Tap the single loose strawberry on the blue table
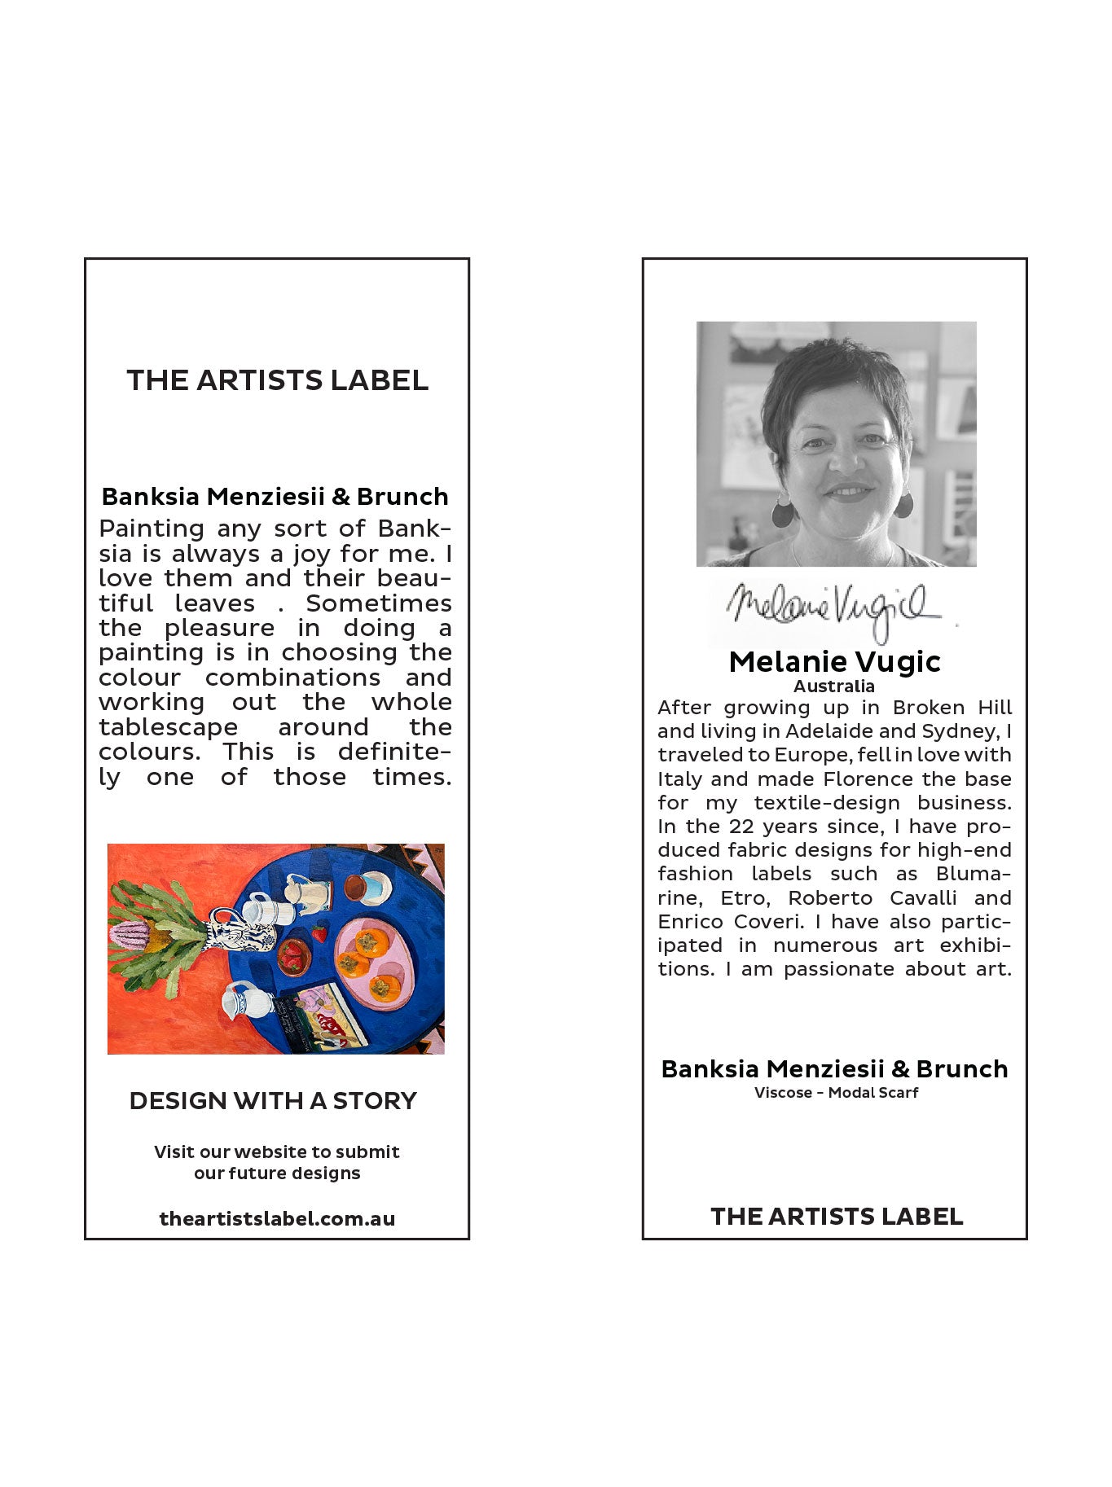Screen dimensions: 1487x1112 pos(319,933)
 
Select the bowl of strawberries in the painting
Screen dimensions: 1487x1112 pos(293,957)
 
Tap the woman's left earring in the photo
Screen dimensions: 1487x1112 pos(903,504)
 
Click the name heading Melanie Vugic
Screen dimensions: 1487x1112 pos(834,661)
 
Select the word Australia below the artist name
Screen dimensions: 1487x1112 pos(834,686)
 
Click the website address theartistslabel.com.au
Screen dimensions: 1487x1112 pos(277,1218)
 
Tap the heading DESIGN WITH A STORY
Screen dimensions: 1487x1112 pos(273,1101)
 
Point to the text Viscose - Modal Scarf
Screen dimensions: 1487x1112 pos(836,1093)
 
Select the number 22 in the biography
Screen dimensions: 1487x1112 pos(741,827)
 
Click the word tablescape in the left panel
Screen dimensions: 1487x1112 pos(169,727)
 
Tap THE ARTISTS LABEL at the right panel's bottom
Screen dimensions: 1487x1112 pos(837,1216)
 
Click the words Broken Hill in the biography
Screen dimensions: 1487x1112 pos(952,708)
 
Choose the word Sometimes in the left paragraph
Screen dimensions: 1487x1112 pos(379,603)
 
